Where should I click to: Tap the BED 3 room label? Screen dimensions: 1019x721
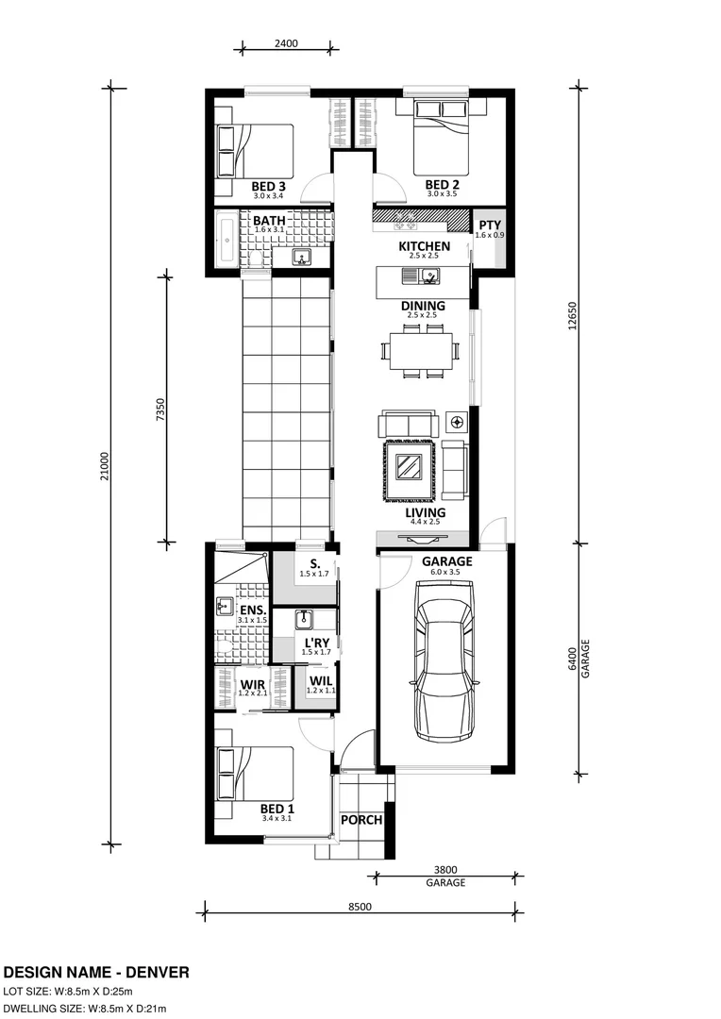pyautogui.click(x=268, y=186)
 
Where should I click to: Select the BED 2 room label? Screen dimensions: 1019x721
pyautogui.click(x=442, y=185)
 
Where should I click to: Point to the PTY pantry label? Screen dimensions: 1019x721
pyautogui.click(x=489, y=225)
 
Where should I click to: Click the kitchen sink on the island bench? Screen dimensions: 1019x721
pyautogui.click(x=429, y=276)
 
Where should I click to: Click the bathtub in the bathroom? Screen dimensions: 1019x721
pyautogui.click(x=226, y=241)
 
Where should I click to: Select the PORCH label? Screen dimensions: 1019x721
pyautogui.click(x=360, y=820)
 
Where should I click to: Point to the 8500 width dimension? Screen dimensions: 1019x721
pyautogui.click(x=360, y=907)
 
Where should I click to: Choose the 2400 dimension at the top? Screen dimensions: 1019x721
pyautogui.click(x=287, y=42)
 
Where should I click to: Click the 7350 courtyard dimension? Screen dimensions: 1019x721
pyautogui.click(x=160, y=409)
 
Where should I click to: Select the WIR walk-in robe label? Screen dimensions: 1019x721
pyautogui.click(x=252, y=683)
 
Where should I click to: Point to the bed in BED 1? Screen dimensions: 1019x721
pyautogui.click(x=253, y=775)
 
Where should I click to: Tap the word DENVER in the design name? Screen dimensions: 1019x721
pyautogui.click(x=152, y=972)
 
